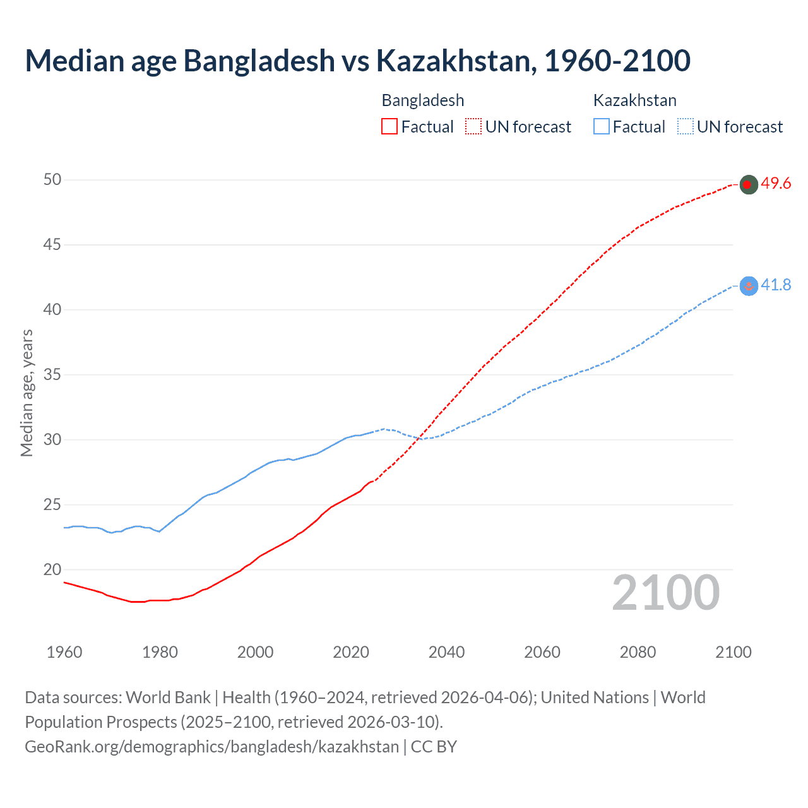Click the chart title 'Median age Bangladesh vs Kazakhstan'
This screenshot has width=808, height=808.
(357, 61)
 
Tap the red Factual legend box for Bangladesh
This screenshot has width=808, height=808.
(389, 126)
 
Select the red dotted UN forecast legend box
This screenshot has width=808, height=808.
(473, 126)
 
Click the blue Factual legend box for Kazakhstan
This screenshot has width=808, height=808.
(602, 126)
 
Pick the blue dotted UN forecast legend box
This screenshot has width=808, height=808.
(685, 126)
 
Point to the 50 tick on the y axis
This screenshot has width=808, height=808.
(52, 180)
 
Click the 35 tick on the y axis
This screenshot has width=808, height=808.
(52, 375)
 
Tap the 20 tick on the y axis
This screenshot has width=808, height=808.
(52, 569)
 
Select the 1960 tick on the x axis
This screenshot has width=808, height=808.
(64, 652)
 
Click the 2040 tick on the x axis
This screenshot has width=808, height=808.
(446, 652)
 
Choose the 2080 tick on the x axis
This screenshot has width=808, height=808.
(638, 652)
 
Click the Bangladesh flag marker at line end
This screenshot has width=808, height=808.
(748, 184)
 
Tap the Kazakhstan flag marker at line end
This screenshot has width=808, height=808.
(748, 286)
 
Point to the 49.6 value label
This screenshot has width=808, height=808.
(776, 184)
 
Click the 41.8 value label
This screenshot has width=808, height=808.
(776, 285)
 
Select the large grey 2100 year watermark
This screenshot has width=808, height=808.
(666, 593)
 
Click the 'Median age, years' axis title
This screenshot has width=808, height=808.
(27, 393)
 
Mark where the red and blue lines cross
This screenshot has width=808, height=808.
(419, 438)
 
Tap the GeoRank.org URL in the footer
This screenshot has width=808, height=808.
(211, 747)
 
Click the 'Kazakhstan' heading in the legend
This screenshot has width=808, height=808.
(634, 100)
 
